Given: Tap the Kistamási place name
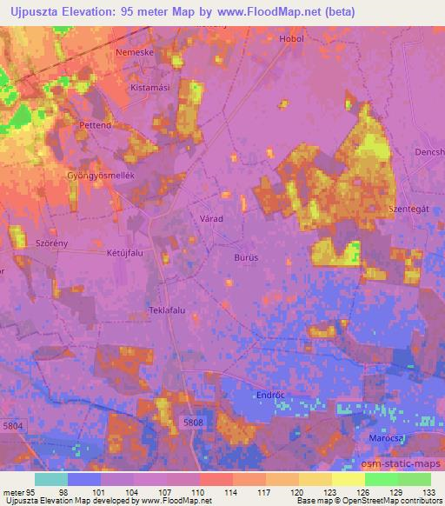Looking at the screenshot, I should [x=148, y=89].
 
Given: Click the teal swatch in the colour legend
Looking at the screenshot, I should [x=51, y=479].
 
